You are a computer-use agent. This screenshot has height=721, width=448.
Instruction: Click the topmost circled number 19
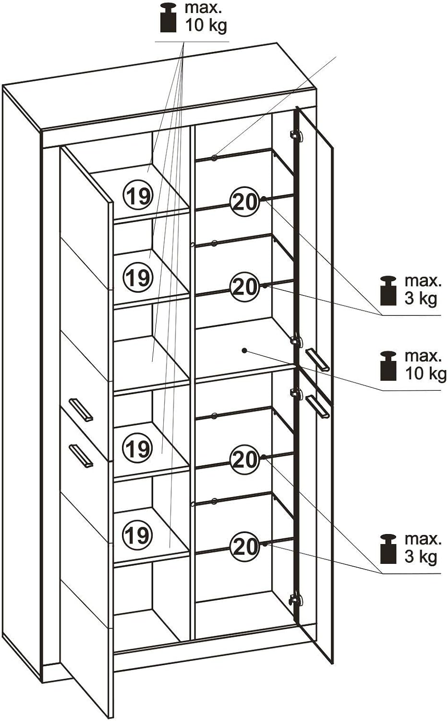138,196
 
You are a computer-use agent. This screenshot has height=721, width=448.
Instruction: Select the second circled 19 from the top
138,277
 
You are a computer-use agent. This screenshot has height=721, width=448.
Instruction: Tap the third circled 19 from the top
138,448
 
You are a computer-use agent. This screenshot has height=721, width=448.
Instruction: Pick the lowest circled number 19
138,534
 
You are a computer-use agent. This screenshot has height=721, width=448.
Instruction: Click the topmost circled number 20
244,201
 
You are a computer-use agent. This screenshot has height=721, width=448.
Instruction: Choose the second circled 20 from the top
244,287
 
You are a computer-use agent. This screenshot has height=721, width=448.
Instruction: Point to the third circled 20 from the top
244,460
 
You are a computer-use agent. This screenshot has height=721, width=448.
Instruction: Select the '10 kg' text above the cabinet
206,25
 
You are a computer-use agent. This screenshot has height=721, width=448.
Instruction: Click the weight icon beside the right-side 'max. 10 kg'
388,365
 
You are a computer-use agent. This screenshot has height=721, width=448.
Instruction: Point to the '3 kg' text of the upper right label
421,298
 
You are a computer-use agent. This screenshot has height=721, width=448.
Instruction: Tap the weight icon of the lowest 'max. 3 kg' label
388,548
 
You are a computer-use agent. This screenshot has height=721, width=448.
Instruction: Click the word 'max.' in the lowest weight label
423,539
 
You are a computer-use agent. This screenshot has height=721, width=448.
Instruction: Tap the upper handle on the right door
317,359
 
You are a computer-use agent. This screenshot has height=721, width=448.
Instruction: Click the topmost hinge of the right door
297,136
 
